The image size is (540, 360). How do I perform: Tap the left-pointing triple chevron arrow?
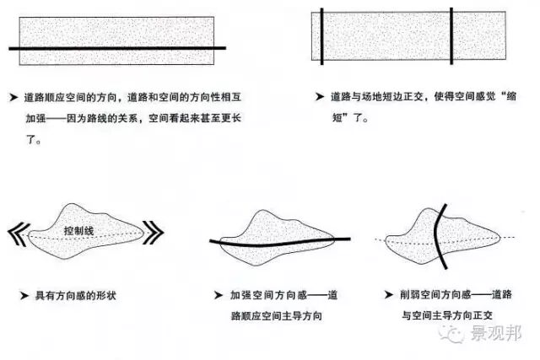click(x=19, y=233)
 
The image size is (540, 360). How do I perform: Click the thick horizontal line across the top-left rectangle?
click(x=117, y=49)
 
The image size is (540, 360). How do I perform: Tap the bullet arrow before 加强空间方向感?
click(x=218, y=296)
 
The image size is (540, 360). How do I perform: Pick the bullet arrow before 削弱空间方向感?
click(x=389, y=296)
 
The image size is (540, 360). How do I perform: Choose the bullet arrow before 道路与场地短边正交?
click(x=318, y=97)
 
